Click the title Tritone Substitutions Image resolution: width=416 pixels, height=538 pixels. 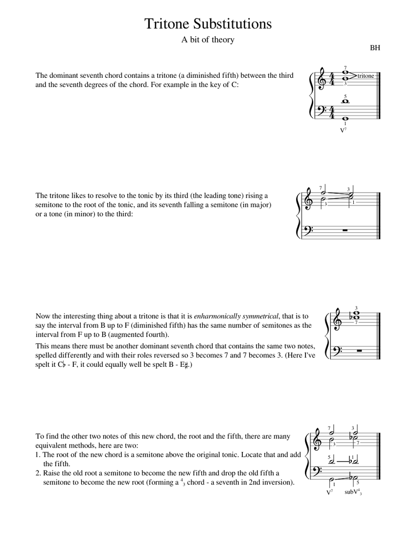pyautogui.click(x=208, y=24)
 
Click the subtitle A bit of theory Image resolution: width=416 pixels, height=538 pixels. pyautogui.click(x=208, y=40)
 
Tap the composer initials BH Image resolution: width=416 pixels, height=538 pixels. pyautogui.click(x=375, y=48)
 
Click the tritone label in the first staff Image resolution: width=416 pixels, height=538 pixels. pyautogui.click(x=366, y=76)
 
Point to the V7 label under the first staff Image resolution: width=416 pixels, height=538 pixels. pyautogui.click(x=343, y=130)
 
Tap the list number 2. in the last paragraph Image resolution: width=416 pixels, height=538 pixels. pyautogui.click(x=39, y=473)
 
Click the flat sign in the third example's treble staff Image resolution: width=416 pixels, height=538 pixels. pyautogui.click(x=351, y=317)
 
